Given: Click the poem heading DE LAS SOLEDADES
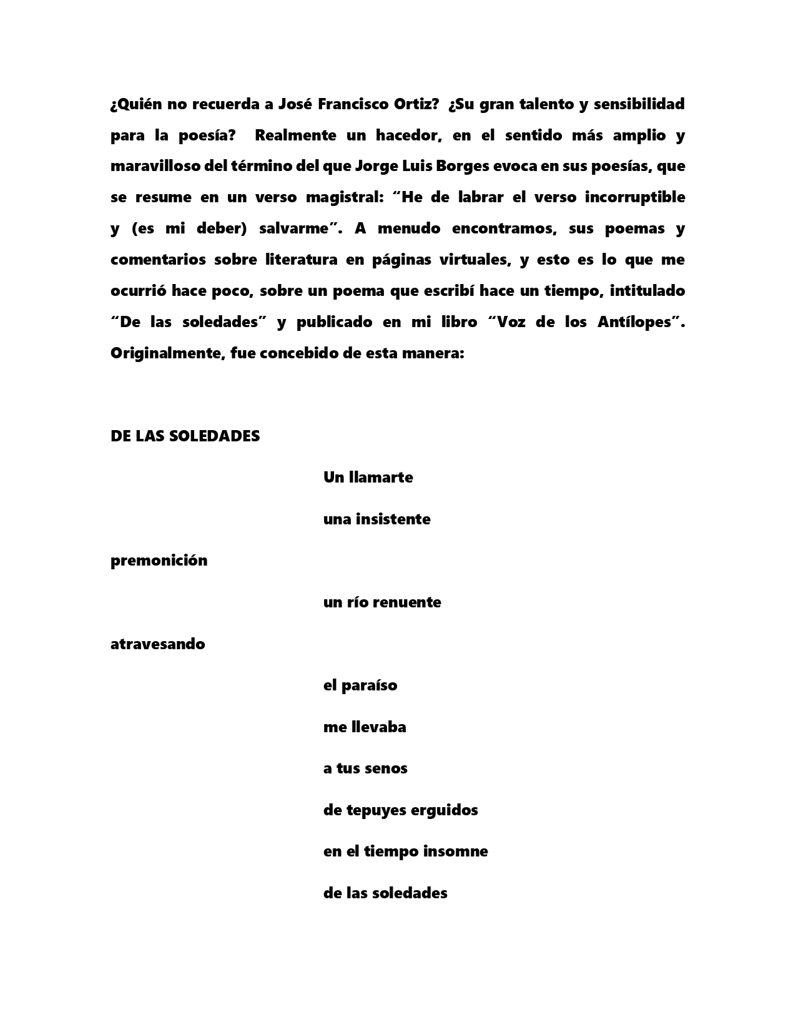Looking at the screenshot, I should tap(185, 436).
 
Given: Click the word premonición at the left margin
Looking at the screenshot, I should tap(159, 561).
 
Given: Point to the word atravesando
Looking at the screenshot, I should tap(157, 644).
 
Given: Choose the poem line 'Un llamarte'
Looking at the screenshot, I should tap(368, 478).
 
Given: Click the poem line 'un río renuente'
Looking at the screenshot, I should tap(381, 602).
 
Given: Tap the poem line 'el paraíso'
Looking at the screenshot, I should tap(360, 685).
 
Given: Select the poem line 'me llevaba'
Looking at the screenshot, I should tap(365, 727).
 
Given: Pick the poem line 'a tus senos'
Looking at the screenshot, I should tap(365, 768).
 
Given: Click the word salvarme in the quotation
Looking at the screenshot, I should tap(293, 228).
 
